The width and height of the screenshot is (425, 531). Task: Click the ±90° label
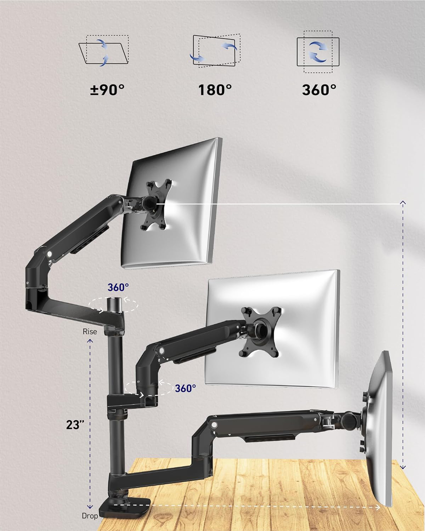coord(107,90)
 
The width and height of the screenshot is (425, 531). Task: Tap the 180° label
coord(215,90)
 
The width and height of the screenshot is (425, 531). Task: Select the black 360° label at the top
coord(319,90)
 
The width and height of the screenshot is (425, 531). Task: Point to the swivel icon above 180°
coord(215,51)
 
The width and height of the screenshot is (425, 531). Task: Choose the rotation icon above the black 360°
coord(318,52)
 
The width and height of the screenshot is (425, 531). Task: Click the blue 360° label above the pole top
coord(118,287)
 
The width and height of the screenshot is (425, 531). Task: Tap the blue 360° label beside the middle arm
coord(186,388)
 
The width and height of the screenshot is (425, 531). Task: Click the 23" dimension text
coord(75,425)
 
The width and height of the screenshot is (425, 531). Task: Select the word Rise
coord(90,332)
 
